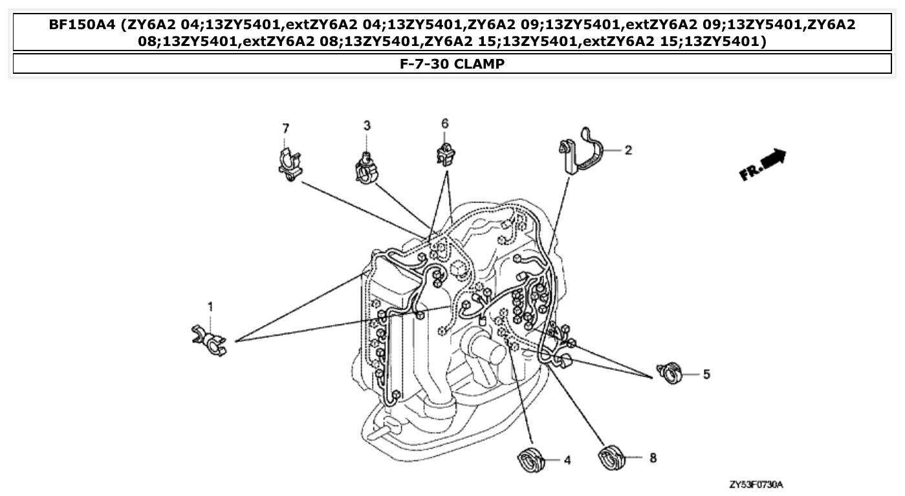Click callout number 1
210,306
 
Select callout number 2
628,150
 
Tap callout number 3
367,126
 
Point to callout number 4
567,460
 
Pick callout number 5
706,374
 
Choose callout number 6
444,123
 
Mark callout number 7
285,128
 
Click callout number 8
653,458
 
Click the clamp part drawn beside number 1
210,341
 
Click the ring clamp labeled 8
613,457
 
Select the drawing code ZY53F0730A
760,484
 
